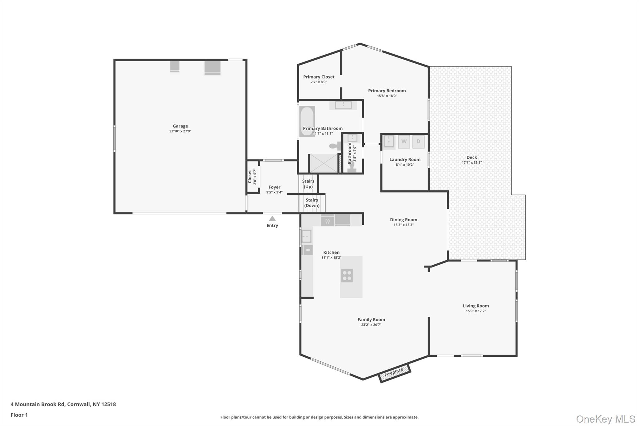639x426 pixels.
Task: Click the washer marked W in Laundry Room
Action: point(404,142)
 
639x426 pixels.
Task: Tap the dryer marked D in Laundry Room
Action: point(418,142)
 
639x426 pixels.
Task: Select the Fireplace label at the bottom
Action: point(394,372)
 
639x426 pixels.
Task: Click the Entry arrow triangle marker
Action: point(272,218)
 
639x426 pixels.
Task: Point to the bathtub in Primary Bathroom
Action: point(307,121)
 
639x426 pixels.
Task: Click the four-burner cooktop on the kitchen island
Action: point(347,276)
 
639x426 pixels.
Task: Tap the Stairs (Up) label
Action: point(308,184)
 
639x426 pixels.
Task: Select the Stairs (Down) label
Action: point(312,203)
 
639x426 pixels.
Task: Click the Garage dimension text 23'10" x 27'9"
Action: point(180,131)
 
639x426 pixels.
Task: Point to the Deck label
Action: point(472,157)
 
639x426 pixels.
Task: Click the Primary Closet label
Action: point(319,77)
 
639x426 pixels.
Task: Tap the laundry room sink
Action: point(389,141)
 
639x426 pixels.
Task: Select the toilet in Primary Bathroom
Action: point(335,146)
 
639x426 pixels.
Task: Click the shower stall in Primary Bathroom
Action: point(324,164)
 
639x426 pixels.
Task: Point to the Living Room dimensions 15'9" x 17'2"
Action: point(476,311)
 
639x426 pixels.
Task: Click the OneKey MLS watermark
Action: point(605,419)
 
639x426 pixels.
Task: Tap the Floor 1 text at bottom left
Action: point(19,415)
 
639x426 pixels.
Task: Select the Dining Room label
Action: point(403,220)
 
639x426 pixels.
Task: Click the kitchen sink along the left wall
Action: point(306,236)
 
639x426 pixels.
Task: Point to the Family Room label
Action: point(371,320)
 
